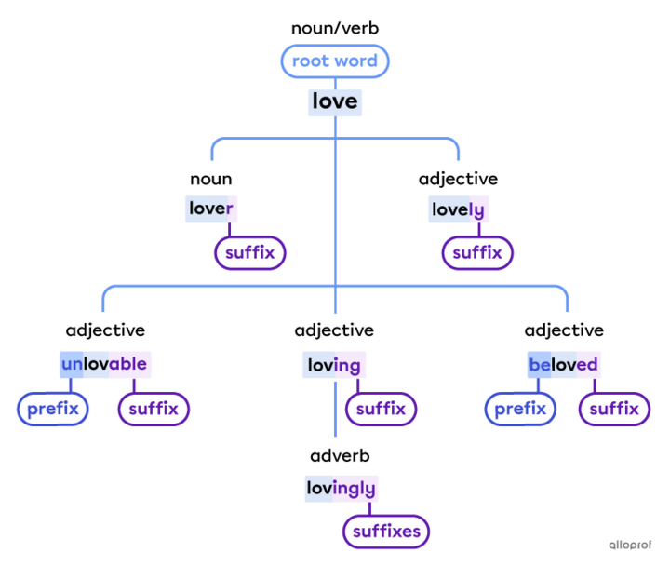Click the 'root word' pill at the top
(334, 61)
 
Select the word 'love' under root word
(335, 101)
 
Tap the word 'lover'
(210, 209)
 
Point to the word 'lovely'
(458, 209)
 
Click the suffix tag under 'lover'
(250, 252)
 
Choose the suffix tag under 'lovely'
(477, 252)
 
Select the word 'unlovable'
(104, 364)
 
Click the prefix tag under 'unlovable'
(53, 409)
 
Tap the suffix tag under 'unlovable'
(154, 409)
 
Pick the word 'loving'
(334, 365)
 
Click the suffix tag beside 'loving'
(382, 409)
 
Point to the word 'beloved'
(563, 364)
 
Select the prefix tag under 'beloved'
(520, 409)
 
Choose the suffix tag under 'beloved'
(614, 409)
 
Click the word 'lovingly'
(341, 488)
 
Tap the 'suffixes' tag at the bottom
(386, 532)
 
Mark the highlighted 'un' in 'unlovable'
(72, 364)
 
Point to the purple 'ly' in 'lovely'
(476, 209)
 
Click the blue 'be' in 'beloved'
(539, 364)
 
